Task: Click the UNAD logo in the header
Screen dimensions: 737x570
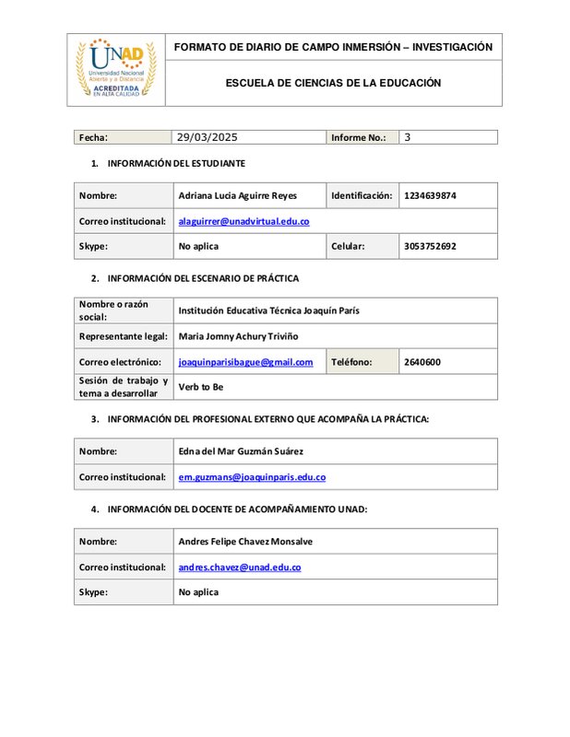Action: [115, 68]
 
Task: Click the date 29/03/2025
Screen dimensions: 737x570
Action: [207, 137]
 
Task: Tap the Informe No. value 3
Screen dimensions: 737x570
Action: [407, 137]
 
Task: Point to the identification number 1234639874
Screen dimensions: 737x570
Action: [430, 195]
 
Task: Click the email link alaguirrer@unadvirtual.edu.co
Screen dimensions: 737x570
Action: [243, 221]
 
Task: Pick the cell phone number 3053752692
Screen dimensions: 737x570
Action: [430, 246]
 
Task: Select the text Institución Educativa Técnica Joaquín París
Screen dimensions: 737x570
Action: [268, 310]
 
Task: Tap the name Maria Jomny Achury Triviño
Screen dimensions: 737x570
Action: [238, 336]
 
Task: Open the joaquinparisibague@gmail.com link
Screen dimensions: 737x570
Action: [245, 362]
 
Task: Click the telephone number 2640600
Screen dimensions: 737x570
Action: [422, 362]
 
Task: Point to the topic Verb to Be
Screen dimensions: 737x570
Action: [201, 387]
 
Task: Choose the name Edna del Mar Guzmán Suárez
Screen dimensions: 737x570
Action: [240, 451]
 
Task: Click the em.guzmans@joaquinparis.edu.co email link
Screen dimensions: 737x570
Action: [252, 477]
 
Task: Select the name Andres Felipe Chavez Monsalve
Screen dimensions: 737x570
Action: [244, 542]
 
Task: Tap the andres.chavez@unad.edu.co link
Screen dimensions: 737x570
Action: [239, 567]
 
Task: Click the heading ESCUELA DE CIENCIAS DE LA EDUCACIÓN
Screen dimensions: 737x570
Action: [333, 83]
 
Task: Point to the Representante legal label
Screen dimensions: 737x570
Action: [123, 336]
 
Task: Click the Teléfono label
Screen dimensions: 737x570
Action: [351, 362]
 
